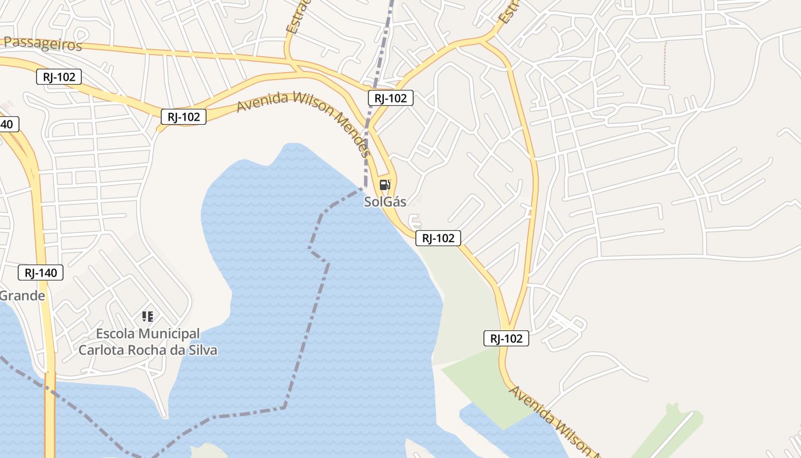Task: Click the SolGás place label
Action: point(385,202)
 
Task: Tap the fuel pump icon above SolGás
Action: point(385,184)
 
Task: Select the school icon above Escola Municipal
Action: point(148,316)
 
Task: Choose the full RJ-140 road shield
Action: point(40,273)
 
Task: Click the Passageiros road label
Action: point(43,44)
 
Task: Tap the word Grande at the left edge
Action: point(22,296)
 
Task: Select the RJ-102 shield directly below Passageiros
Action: point(59,77)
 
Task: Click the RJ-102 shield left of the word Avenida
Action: point(183,117)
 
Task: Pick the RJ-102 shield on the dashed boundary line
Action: point(390,98)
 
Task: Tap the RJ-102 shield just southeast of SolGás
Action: point(438,238)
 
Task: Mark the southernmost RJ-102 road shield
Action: point(506,338)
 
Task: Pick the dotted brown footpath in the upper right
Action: point(665,63)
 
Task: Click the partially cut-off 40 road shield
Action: point(9,124)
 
